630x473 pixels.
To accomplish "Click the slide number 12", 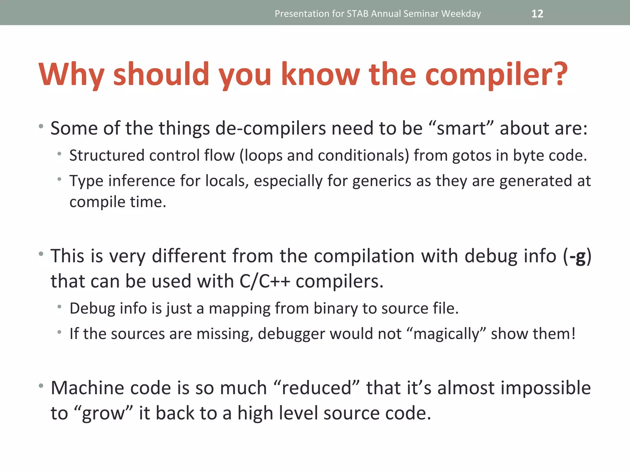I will (x=537, y=14).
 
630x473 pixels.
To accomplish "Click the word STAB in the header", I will (x=357, y=14).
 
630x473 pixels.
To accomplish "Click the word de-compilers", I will (x=270, y=128).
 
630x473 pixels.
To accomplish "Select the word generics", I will (x=381, y=181).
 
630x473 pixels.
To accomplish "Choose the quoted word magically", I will (x=446, y=334).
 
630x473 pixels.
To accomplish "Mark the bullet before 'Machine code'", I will (x=41, y=386).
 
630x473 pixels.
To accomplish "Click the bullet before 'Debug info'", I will (x=59, y=307).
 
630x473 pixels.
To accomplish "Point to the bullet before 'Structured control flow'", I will (x=59, y=154).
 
